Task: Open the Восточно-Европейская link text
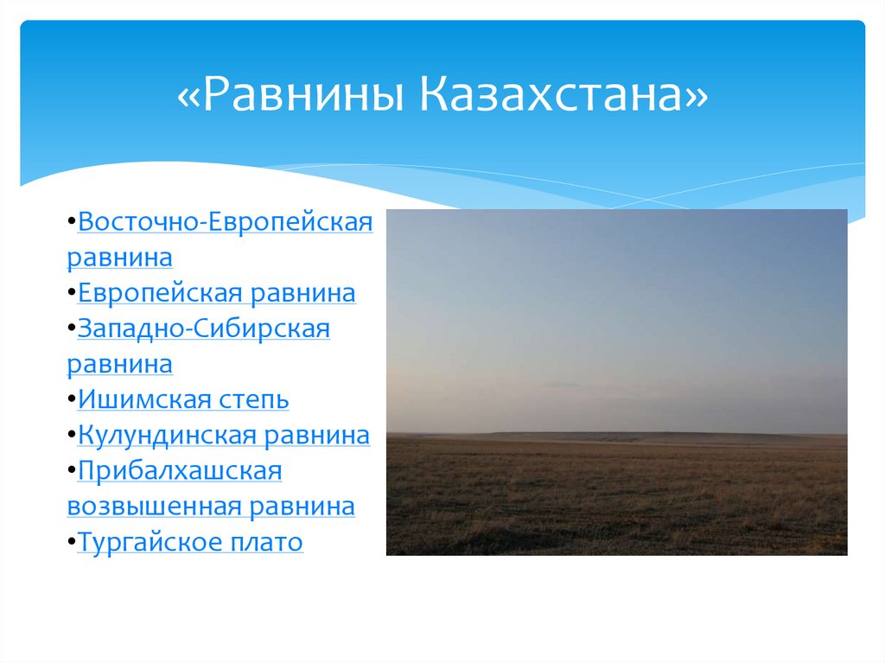click(225, 222)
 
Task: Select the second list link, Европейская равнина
click(216, 293)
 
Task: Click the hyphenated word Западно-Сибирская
click(204, 329)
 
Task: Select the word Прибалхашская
click(180, 471)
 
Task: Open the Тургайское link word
click(148, 543)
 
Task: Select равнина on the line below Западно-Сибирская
click(119, 365)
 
